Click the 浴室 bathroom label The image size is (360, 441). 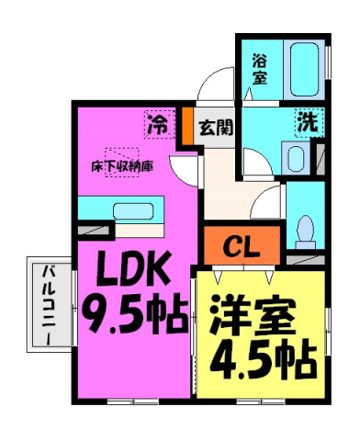coord(260,69)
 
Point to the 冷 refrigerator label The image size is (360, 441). coord(157,123)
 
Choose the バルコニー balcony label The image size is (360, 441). coord(46,302)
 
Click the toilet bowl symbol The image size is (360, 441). coord(305,226)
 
